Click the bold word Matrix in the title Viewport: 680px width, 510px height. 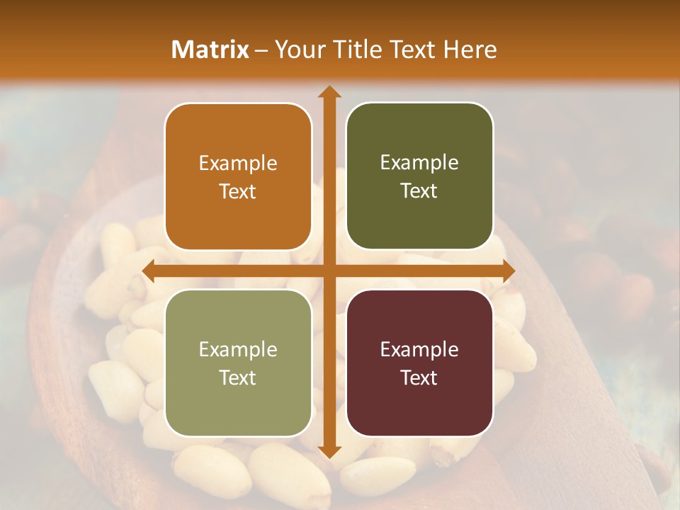point(210,50)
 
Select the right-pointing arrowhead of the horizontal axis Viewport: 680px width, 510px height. point(508,271)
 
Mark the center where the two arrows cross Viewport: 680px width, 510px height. point(329,271)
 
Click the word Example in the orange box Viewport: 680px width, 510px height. point(238,164)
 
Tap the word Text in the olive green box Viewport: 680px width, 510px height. point(419,191)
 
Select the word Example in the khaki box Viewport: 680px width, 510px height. point(238,350)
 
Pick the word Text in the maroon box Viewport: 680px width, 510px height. point(419,378)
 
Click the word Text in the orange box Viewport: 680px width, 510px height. point(238,191)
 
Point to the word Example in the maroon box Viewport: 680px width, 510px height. point(419,350)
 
